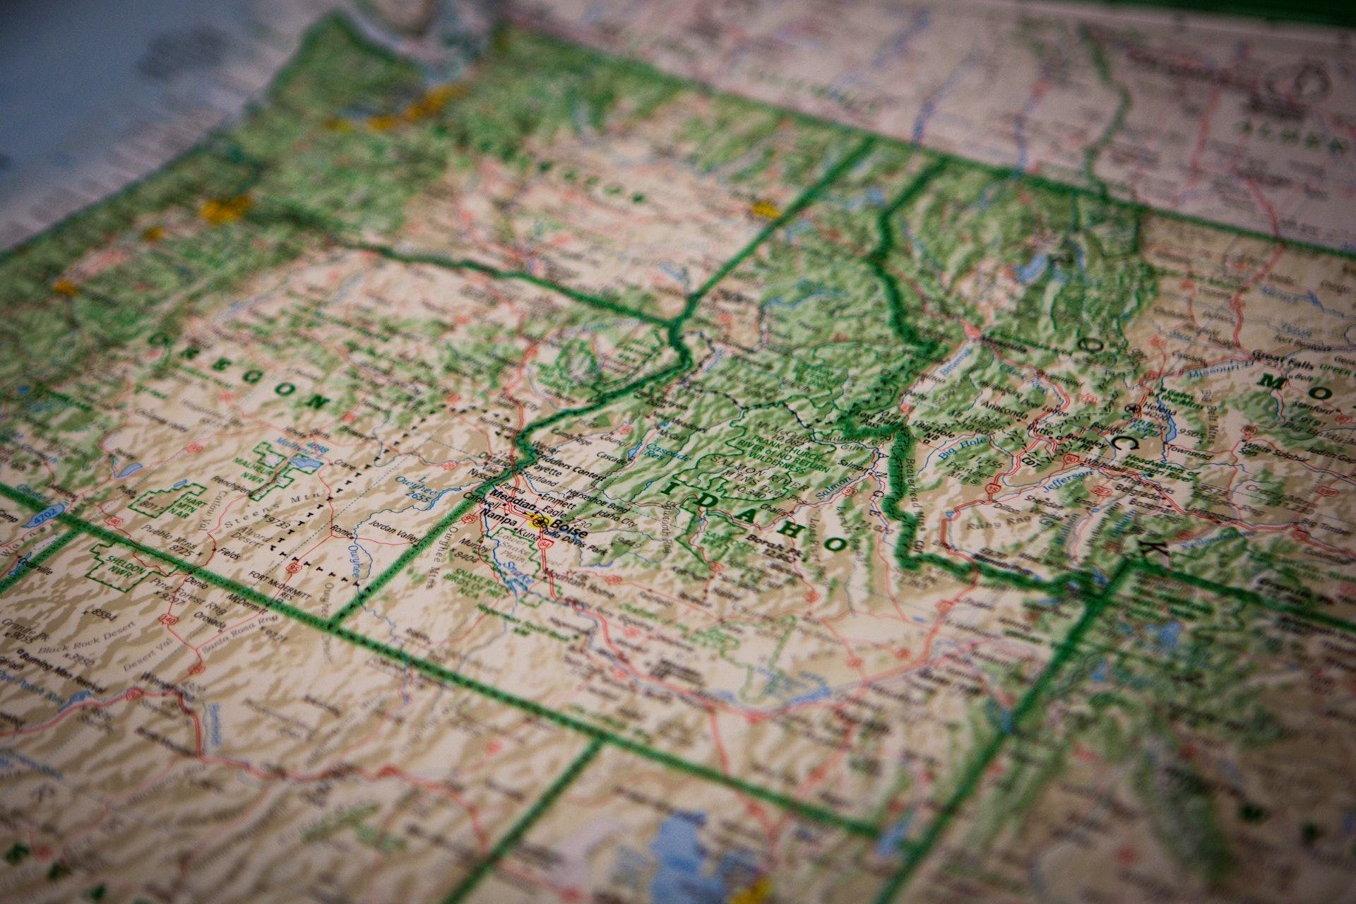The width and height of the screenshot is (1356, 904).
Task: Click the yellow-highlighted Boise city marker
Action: pyautogui.click(x=540, y=522)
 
